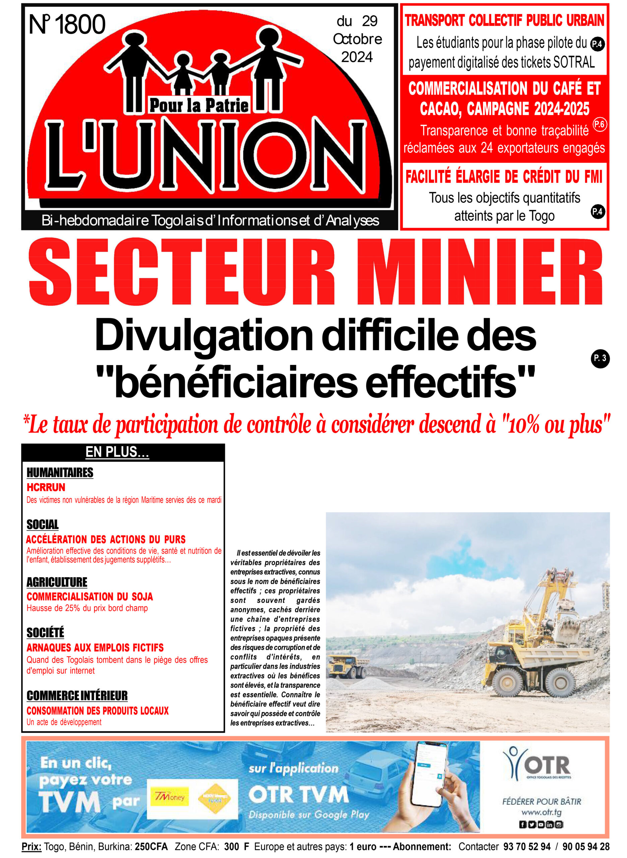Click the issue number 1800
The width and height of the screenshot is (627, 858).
(x=80, y=25)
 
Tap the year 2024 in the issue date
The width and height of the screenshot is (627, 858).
(x=357, y=57)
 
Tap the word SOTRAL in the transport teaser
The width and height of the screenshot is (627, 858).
(x=573, y=62)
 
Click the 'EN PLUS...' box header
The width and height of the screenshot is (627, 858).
(x=117, y=452)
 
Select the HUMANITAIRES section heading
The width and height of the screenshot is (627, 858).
(x=60, y=473)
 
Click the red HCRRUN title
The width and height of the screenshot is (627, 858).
(x=46, y=487)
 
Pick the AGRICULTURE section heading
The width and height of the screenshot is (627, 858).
(x=57, y=582)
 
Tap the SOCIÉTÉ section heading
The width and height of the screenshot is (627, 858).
(x=46, y=632)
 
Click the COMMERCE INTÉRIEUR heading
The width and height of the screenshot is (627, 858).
(x=77, y=695)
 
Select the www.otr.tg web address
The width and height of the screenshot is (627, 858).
(x=541, y=812)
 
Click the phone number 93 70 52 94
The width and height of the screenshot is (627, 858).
(x=527, y=847)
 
